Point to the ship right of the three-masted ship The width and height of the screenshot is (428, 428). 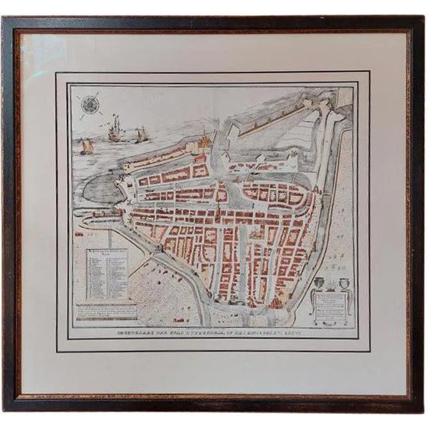(x=140, y=135)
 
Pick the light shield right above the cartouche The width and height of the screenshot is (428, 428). (x=346, y=282)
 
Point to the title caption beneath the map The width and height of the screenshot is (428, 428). (x=214, y=333)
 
